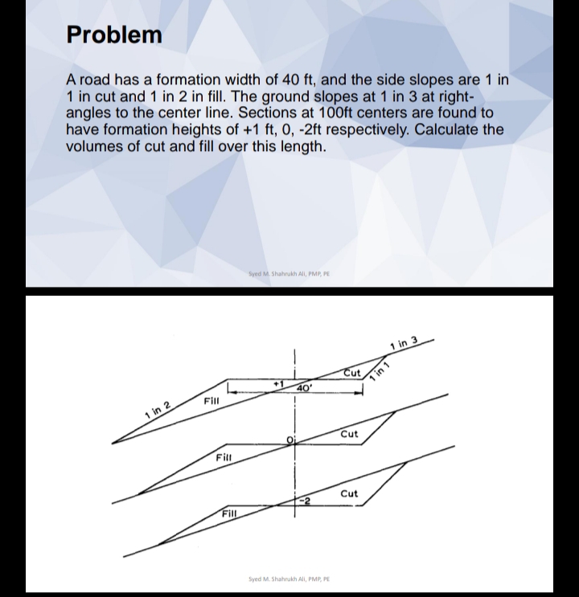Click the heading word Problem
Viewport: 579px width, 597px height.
(x=114, y=35)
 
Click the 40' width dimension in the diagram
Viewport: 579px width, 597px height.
(x=304, y=389)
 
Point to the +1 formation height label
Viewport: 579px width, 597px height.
(x=281, y=385)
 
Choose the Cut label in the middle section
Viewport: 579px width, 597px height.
(x=349, y=435)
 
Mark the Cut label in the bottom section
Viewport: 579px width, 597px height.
(x=349, y=493)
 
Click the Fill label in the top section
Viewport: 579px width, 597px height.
(x=212, y=399)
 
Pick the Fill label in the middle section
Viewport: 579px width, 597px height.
(x=224, y=457)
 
